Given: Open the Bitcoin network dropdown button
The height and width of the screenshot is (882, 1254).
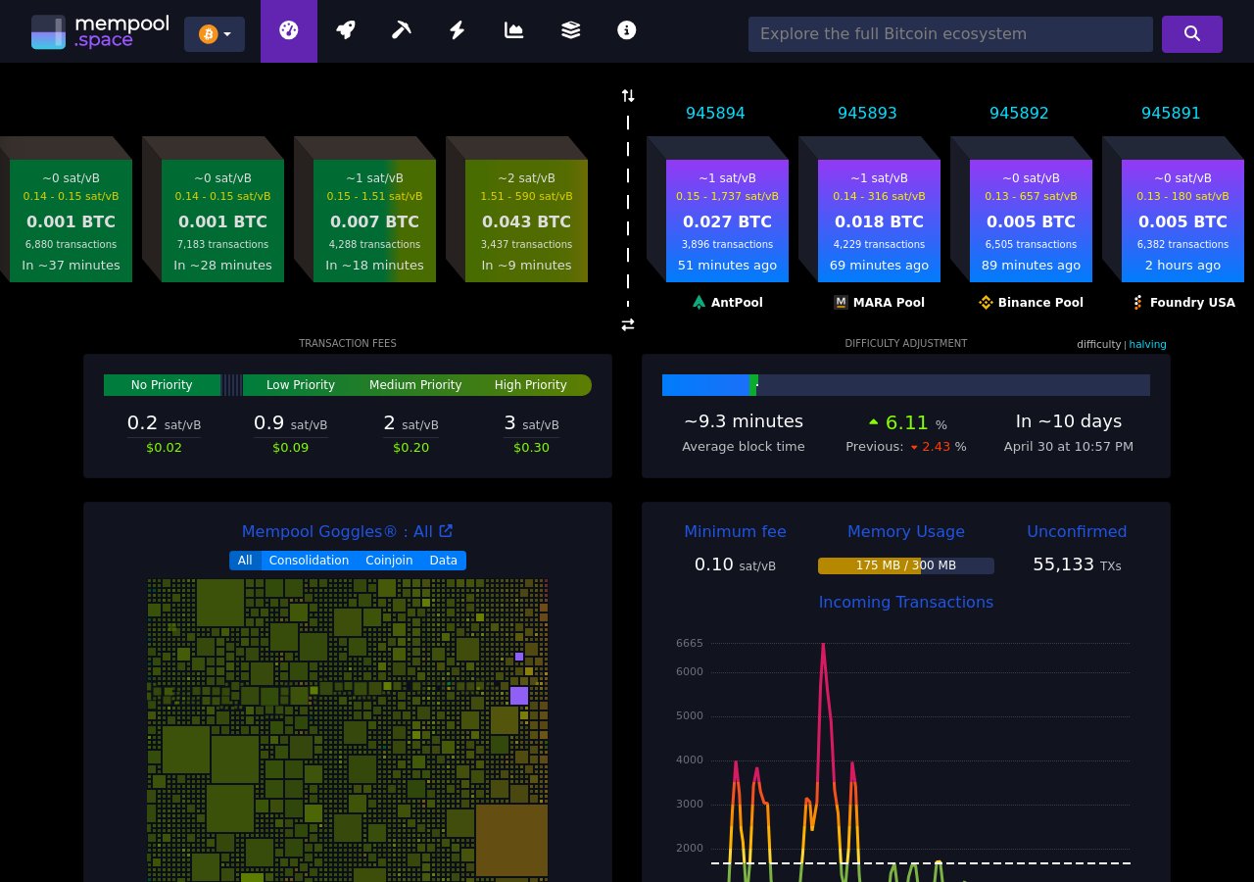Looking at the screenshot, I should pos(215,34).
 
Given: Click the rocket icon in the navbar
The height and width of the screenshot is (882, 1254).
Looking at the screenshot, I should pos(345,30).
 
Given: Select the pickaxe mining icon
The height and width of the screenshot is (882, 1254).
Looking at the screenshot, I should pos(401,30).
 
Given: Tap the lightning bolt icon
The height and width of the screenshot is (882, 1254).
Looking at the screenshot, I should pos(457,30).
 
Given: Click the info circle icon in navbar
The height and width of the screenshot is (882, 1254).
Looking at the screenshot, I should pos(627,30).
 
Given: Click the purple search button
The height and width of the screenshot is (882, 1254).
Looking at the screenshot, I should pos(1191,33).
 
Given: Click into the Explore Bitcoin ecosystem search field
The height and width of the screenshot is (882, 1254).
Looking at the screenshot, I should pos(949,34).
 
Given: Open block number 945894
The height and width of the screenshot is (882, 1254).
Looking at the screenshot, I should pos(715,113).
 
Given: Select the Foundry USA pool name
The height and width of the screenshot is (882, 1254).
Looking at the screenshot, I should pos(1191,303).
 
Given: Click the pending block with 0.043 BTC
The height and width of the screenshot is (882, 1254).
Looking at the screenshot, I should pos(526,221).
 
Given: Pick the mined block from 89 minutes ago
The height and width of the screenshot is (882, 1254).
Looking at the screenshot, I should pos(1031,221).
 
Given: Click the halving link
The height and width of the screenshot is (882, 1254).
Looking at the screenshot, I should pos(1147,344).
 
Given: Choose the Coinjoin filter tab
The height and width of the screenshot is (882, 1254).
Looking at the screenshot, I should pos(389,561).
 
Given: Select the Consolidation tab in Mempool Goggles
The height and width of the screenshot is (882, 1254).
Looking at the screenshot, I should pos(309,561).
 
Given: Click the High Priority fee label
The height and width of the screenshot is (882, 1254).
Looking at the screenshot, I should pos(530,385).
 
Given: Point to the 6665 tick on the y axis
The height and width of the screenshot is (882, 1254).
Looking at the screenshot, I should pos(690,643).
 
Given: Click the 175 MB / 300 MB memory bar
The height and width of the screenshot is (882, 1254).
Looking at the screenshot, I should pos(905,565).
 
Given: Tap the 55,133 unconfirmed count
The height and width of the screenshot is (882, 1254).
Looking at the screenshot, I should pos(1063,564).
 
